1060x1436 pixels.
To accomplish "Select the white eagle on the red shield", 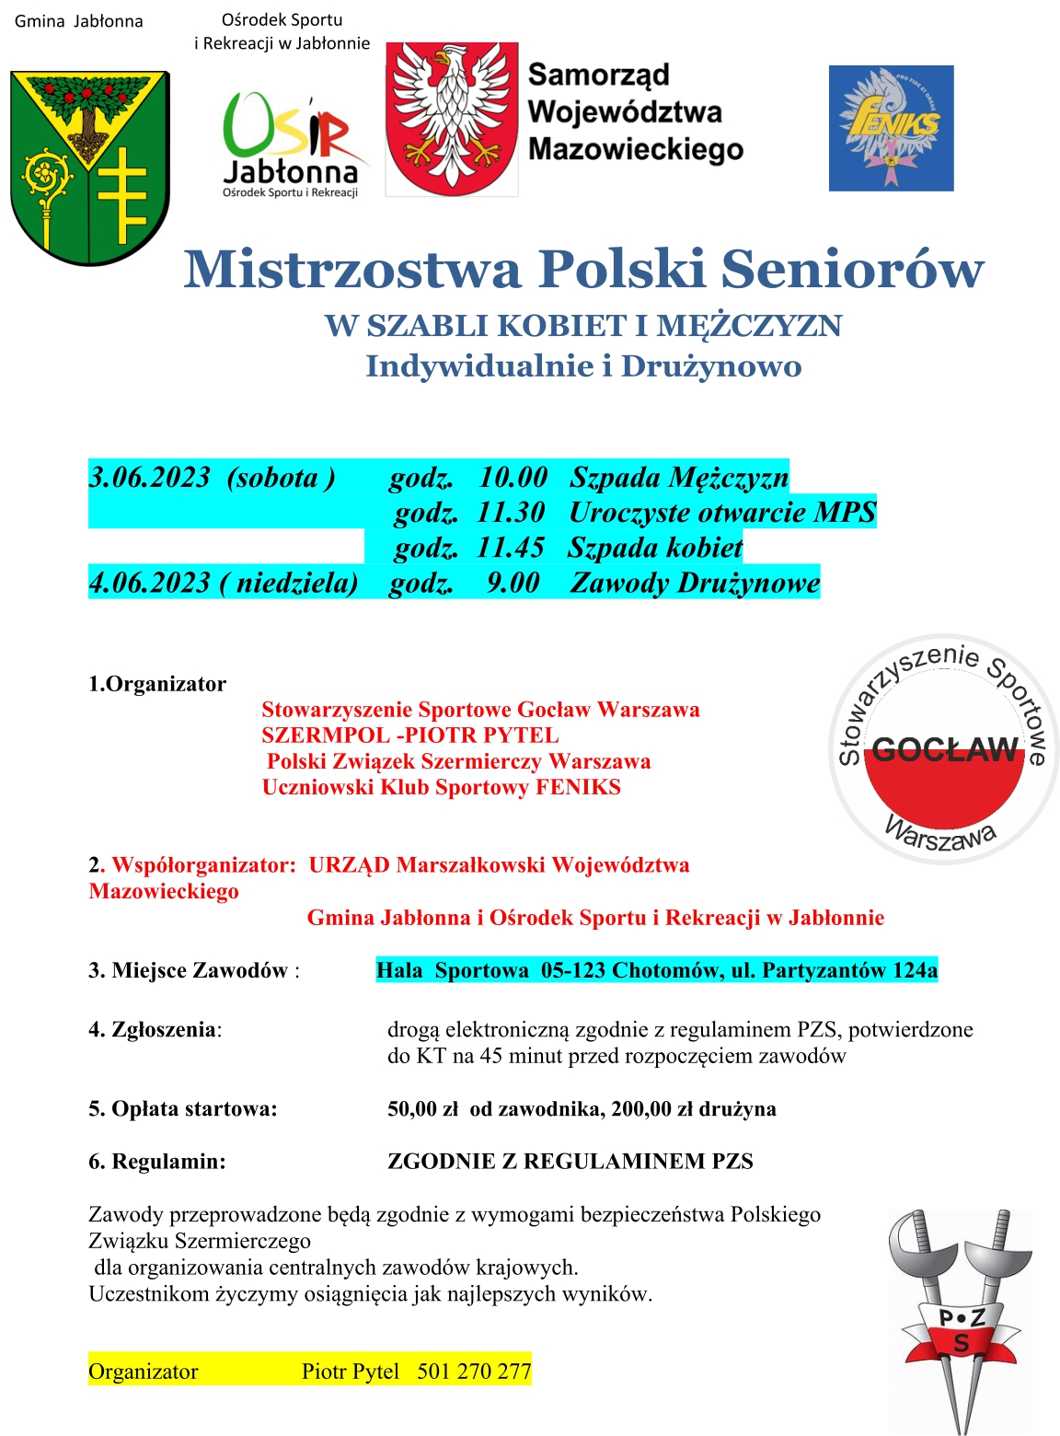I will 452,119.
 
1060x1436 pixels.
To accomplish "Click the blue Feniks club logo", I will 891,128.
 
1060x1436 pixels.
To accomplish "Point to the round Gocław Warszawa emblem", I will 944,749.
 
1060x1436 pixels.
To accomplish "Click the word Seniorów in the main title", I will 852,270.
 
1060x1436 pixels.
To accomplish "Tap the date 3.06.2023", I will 150,477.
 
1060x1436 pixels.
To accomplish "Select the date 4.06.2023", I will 150,583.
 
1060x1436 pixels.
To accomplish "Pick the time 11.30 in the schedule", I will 511,512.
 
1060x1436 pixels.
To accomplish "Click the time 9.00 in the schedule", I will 513,583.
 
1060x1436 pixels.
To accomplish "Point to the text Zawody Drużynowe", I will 695,583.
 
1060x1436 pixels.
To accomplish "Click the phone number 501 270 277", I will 474,1372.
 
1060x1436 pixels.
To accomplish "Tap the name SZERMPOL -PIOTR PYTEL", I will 409,735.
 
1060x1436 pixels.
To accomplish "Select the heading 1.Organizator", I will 157,684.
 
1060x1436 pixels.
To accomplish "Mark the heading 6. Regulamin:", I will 157,1162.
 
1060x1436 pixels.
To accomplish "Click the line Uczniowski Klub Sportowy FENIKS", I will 441,787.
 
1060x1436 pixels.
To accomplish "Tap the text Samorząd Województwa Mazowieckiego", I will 635,111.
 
